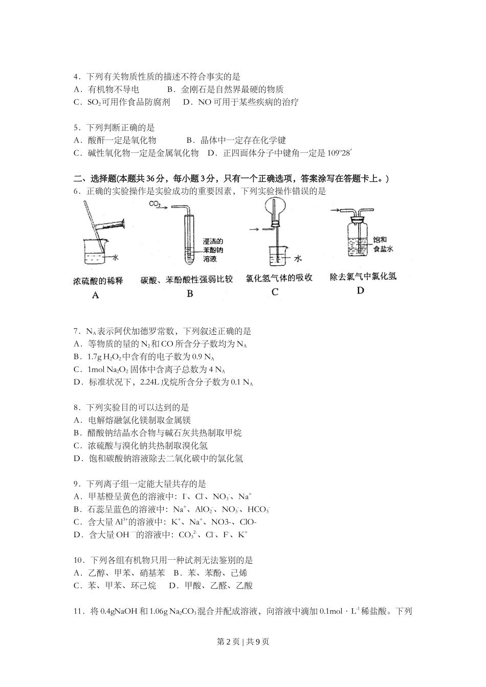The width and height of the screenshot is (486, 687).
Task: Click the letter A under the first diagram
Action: point(96,295)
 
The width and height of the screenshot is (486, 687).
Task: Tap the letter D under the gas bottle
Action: point(360,290)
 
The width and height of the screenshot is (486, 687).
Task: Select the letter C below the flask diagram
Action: point(275,292)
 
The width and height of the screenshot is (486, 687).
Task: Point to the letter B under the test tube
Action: point(190,293)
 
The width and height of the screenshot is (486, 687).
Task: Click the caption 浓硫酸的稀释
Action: point(98,281)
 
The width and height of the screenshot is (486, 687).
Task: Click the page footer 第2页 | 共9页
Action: point(243,643)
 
